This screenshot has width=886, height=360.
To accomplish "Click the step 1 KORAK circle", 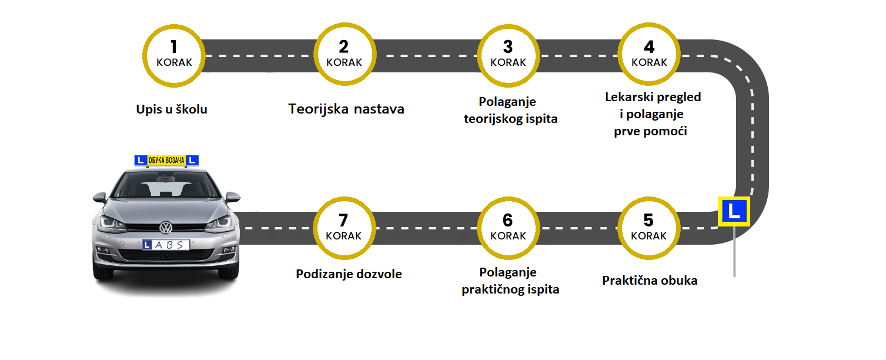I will click(x=173, y=55).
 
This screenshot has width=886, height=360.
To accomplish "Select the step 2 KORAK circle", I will click(x=344, y=55).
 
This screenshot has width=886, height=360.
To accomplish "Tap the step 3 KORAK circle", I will click(x=507, y=55).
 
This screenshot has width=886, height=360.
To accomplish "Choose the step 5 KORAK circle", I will click(x=648, y=228).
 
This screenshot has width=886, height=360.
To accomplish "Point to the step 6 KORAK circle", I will click(x=507, y=228).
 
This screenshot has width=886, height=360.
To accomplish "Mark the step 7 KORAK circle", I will click(x=344, y=228).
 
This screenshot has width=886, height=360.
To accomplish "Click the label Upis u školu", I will click(x=172, y=109).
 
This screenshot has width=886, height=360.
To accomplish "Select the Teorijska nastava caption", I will click(x=347, y=109).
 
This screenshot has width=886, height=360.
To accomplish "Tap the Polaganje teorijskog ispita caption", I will click(x=510, y=111).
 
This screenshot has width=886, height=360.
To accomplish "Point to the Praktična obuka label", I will click(x=650, y=281).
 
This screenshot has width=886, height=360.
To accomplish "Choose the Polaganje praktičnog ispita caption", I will click(x=510, y=281).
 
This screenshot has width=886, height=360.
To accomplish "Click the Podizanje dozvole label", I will click(x=349, y=274).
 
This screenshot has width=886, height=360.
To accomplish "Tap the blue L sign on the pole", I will click(x=733, y=211).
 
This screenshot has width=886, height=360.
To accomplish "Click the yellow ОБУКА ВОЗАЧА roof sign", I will click(x=166, y=160).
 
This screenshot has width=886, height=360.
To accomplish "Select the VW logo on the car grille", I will click(x=166, y=227).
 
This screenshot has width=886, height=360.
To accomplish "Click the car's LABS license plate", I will click(x=165, y=245).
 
